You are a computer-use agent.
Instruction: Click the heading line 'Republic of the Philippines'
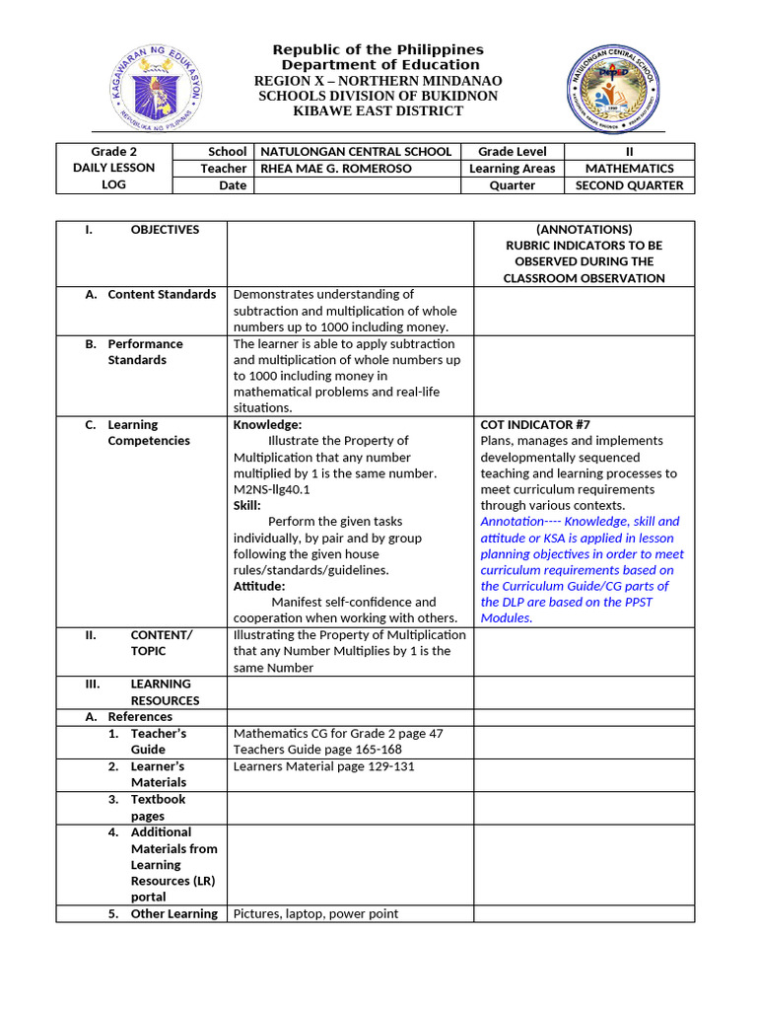(x=378, y=49)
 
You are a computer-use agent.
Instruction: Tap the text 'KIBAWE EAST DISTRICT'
(x=378, y=111)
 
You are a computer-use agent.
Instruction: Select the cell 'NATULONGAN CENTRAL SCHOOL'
(x=355, y=152)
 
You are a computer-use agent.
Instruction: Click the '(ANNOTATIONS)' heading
(x=585, y=230)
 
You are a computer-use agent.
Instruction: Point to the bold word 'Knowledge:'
(x=266, y=425)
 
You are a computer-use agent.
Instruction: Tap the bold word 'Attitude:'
(x=259, y=586)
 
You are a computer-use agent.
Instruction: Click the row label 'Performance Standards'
(x=144, y=352)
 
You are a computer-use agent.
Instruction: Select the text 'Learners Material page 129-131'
(x=324, y=766)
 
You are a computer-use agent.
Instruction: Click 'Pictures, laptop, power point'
(x=315, y=914)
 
